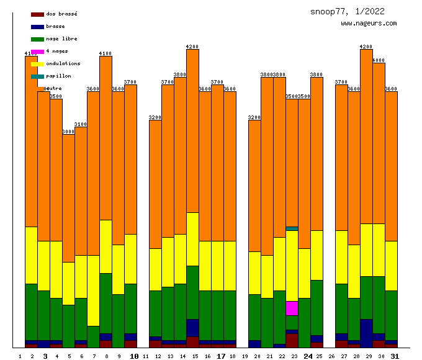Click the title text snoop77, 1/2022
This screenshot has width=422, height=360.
pyautogui.click(x=347, y=11)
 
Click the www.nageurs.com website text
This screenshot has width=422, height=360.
pyautogui.click(x=369, y=24)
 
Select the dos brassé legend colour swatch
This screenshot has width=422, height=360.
pyautogui.click(x=37, y=14)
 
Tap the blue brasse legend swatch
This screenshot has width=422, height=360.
pyautogui.click(x=37, y=26)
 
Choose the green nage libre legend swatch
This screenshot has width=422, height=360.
pyautogui.click(x=37, y=38)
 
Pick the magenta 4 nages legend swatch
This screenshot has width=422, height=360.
pyautogui.click(x=37, y=51)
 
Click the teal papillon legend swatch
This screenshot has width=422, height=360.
pyautogui.click(x=37, y=76)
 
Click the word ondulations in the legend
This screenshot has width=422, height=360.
pyautogui.click(x=63, y=63)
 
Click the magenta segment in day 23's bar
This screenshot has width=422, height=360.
pyautogui.click(x=292, y=308)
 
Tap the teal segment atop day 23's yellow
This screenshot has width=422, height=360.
pyautogui.click(x=292, y=228)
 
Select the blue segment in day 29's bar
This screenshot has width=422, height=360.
pyautogui.click(x=366, y=333)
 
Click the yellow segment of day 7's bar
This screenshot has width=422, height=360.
pyautogui.click(x=93, y=290)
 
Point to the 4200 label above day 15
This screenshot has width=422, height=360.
pyautogui.click(x=192, y=47)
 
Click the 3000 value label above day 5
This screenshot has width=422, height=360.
pyautogui.click(x=68, y=132)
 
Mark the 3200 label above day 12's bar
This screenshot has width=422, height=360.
pyautogui.click(x=155, y=117)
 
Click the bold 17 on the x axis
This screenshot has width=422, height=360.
pyautogui.click(x=221, y=356)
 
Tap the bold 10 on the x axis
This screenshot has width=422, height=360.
pyautogui.click(x=134, y=356)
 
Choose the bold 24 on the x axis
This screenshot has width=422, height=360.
pyautogui.click(x=308, y=356)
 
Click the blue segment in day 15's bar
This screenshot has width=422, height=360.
pyautogui.click(x=192, y=328)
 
